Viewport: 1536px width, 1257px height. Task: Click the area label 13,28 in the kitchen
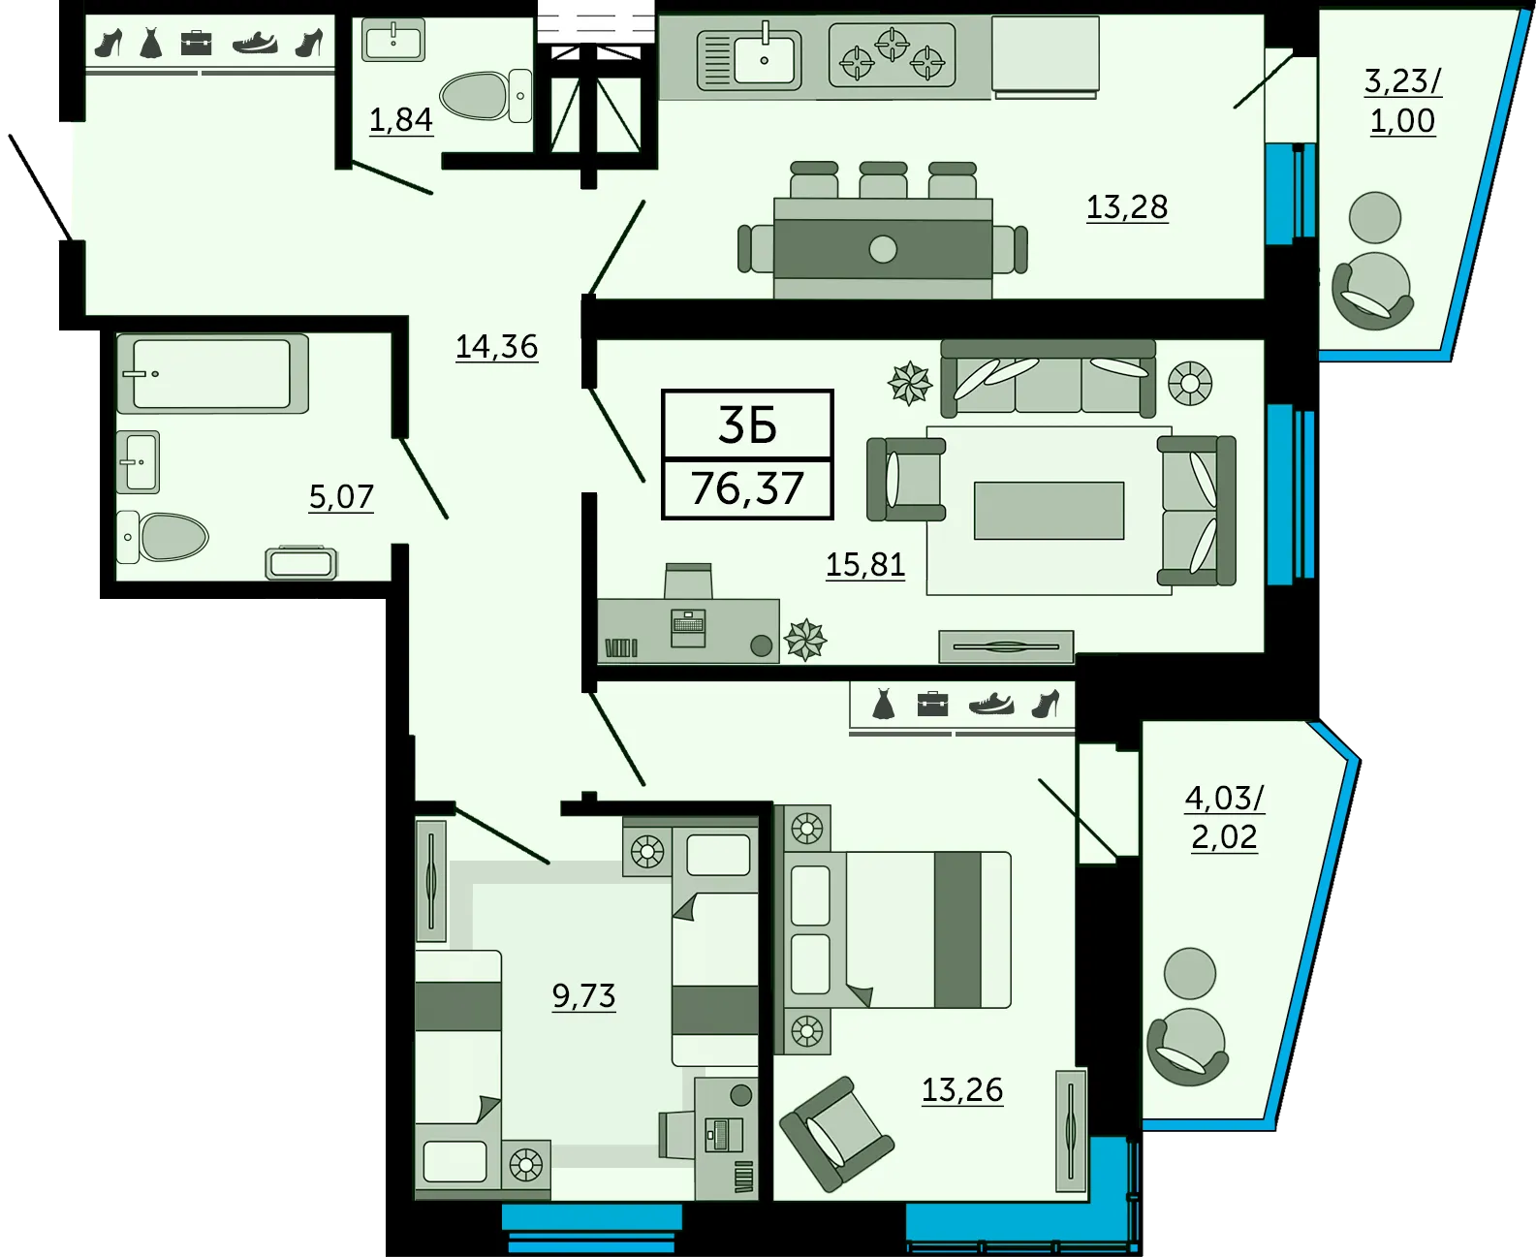[1127, 207]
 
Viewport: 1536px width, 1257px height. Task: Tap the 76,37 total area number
[747, 487]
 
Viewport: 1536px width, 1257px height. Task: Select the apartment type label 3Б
[747, 425]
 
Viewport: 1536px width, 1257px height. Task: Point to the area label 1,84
[400, 120]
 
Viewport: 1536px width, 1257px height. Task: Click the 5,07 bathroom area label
[341, 497]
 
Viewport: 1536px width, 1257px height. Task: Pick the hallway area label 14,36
[497, 347]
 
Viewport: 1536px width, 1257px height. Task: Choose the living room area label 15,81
[865, 564]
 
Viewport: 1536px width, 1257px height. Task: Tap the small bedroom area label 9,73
[583, 995]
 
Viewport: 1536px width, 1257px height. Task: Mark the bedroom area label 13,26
[962, 1090]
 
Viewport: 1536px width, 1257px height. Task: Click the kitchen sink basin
[764, 58]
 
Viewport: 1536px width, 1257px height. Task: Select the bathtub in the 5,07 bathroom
[212, 373]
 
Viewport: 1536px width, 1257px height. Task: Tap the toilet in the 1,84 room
[486, 95]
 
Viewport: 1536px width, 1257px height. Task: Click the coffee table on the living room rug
[1049, 511]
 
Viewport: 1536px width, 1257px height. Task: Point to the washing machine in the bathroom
[300, 562]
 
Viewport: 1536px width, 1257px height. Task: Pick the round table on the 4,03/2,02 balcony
[1190, 973]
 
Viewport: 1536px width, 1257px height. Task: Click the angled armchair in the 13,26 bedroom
[837, 1135]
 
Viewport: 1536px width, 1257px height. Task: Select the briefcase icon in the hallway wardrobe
[196, 43]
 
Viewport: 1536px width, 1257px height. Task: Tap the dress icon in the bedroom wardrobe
[883, 705]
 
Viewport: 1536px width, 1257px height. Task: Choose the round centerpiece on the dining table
[883, 250]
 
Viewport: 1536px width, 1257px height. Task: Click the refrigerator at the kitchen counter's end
[1045, 54]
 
